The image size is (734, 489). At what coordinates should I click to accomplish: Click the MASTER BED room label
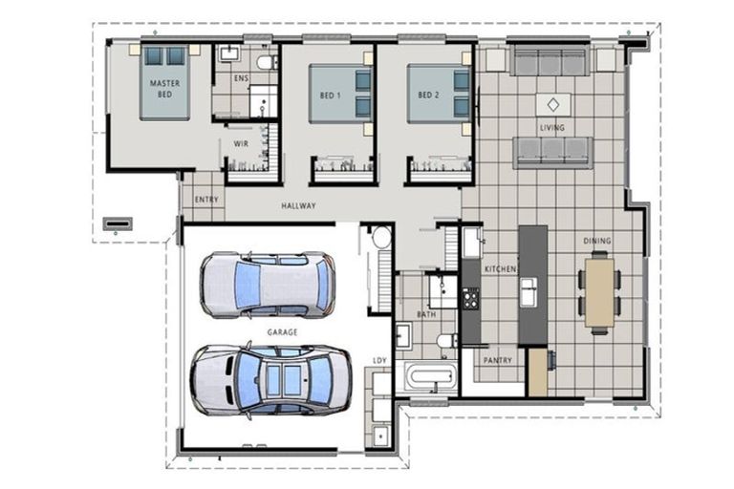tap(164, 89)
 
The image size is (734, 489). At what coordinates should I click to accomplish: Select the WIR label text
tap(241, 143)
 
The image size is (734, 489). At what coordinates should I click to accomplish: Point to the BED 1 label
tap(331, 96)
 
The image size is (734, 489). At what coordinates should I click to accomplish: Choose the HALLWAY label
tap(299, 206)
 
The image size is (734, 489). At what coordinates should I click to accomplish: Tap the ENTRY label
tap(206, 200)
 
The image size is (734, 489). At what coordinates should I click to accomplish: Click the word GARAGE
tap(282, 331)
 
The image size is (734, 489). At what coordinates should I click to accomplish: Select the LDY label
tap(379, 360)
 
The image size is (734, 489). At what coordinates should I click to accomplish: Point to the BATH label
tap(426, 314)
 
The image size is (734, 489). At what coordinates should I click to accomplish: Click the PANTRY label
tap(497, 361)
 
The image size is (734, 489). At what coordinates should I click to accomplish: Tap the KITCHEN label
tap(500, 270)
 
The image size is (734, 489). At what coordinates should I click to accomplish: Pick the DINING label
tap(597, 241)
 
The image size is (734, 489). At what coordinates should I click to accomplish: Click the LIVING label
tap(551, 127)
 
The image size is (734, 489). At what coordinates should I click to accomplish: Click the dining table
tap(598, 291)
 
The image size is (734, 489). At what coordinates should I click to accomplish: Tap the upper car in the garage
tap(267, 285)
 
